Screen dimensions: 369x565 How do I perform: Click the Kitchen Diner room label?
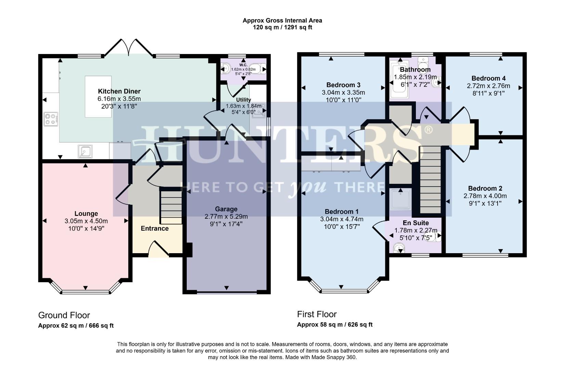(x=119, y=91)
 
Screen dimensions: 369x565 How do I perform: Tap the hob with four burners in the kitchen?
(x=50, y=119)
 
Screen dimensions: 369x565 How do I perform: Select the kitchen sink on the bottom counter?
(x=85, y=151)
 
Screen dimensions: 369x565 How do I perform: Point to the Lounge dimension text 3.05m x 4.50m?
(x=86, y=221)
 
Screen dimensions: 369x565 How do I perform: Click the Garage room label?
(x=226, y=209)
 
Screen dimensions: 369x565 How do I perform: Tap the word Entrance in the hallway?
(x=155, y=229)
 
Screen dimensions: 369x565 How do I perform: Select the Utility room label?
(x=244, y=100)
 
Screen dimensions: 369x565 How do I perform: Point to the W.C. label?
(x=243, y=65)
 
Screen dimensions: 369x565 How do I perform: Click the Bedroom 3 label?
(x=343, y=85)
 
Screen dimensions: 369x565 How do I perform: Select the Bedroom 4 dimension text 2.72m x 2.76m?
(x=488, y=86)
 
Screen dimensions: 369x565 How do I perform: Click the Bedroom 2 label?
(x=485, y=188)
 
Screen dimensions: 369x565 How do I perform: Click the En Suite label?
(x=416, y=223)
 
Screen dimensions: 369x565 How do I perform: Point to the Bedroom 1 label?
(x=342, y=211)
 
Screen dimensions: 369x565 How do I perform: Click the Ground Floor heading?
(x=64, y=315)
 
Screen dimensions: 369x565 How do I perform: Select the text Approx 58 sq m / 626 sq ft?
(x=334, y=325)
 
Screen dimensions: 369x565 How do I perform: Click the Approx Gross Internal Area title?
(x=282, y=20)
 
